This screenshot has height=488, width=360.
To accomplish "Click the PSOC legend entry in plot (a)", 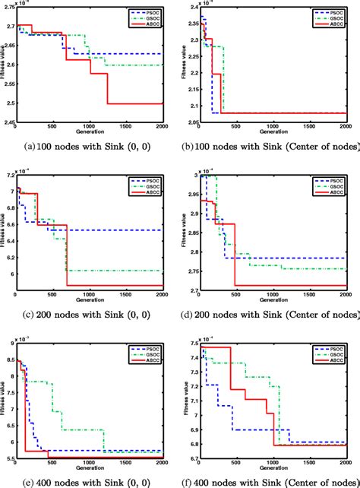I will [146, 13].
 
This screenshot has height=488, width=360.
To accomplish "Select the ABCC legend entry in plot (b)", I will [331, 24].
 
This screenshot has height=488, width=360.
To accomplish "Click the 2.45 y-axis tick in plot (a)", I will [8, 121].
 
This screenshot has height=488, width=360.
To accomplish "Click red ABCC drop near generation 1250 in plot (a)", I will [107, 88].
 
